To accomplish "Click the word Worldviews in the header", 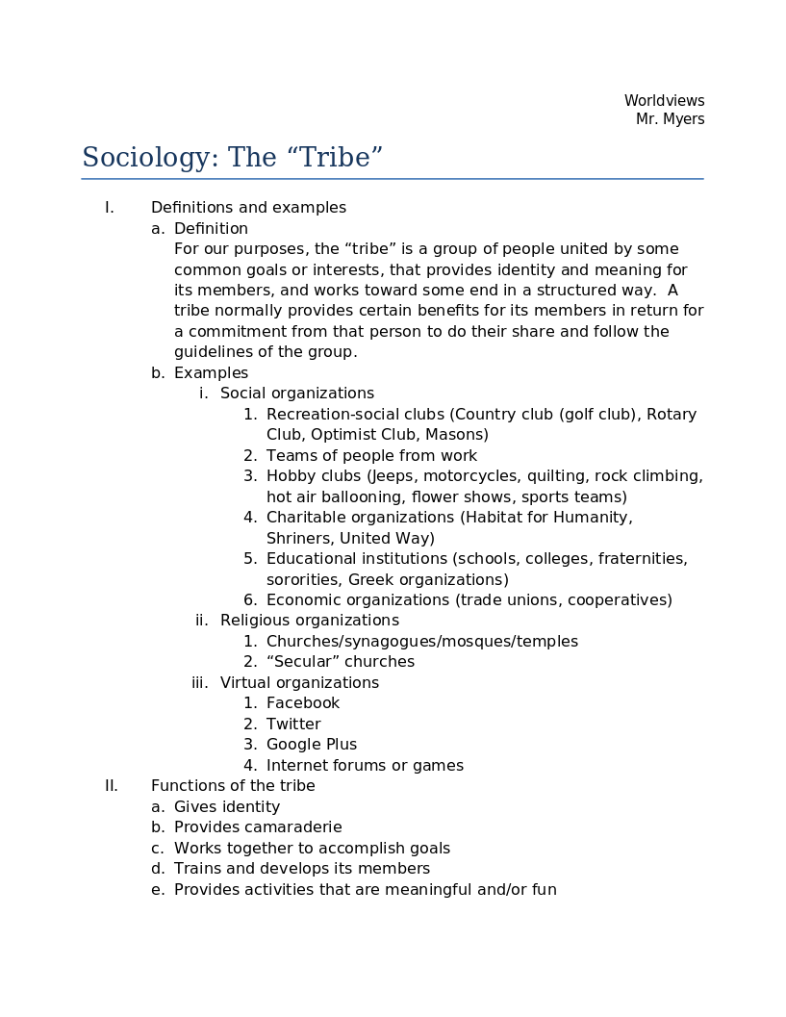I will point(664,101).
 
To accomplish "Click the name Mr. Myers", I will point(670,119).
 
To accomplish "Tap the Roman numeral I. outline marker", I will point(110,208).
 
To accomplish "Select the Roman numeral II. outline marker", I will point(112,786).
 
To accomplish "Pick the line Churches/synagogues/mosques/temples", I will point(421,642).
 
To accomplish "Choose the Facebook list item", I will point(302,703).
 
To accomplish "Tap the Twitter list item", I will point(293,725).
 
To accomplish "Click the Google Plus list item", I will point(311,745).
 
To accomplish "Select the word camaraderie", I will point(292,827).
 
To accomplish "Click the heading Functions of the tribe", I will point(233,786).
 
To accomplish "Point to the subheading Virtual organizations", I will point(299,683).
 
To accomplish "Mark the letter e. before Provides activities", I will point(158,890).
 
